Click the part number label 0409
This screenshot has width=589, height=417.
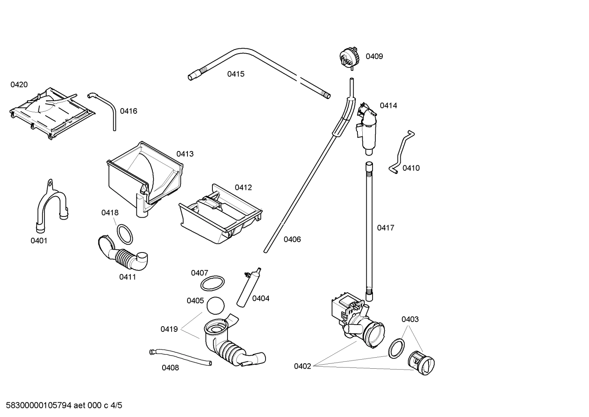pos(374,56)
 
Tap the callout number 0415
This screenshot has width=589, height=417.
pos(236,74)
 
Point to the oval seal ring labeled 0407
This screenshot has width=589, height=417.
pos(212,283)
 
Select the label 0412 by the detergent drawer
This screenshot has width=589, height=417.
pos(243,187)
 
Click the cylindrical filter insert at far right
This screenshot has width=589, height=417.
pos(422,362)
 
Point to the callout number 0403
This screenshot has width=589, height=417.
pos(410,319)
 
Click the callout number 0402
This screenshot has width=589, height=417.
pos(302,366)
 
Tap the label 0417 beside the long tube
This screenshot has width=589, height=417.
pos(385,228)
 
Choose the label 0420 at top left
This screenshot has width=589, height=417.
pos(19,85)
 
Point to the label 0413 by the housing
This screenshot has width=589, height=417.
pos(185,154)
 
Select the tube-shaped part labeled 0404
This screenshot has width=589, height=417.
pos(249,289)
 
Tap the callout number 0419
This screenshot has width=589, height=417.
pos(169,329)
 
